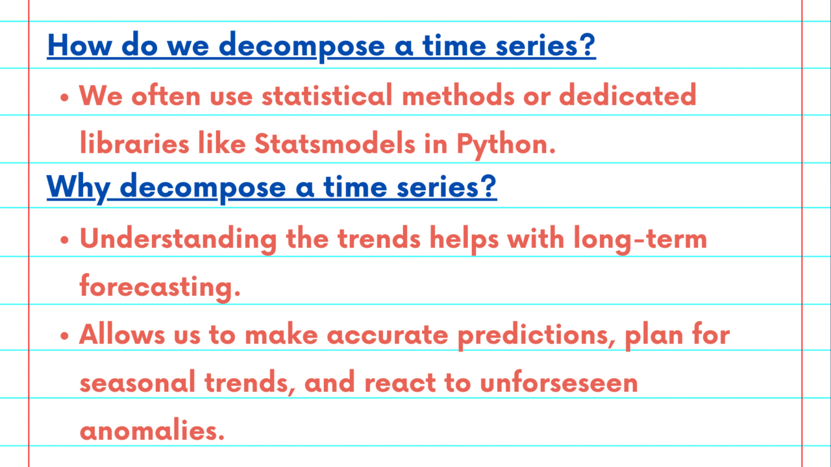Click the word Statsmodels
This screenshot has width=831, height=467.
coord(334,143)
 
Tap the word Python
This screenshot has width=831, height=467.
coord(506,145)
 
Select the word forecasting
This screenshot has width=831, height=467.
coord(160,288)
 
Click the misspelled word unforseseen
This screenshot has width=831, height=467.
coord(559,382)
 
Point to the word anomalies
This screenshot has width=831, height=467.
coord(152,429)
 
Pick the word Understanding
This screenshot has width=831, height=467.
coord(178,240)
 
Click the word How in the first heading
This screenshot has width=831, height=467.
coord(80,45)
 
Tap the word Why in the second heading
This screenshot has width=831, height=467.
coord(78,188)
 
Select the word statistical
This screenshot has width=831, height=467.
coord(327,95)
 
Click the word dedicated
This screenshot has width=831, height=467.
coord(628,95)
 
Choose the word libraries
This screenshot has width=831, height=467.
coord(134,143)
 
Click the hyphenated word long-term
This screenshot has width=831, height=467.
coord(641,240)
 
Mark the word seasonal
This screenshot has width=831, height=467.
coord(137,382)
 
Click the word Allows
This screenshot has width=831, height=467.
coord(121,334)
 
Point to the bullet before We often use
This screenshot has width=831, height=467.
coord(64,97)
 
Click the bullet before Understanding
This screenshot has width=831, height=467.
coord(64,240)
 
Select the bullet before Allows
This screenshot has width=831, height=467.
coord(64,336)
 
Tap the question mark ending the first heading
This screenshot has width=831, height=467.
coord(587,45)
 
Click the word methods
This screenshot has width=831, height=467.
coord(458,95)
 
